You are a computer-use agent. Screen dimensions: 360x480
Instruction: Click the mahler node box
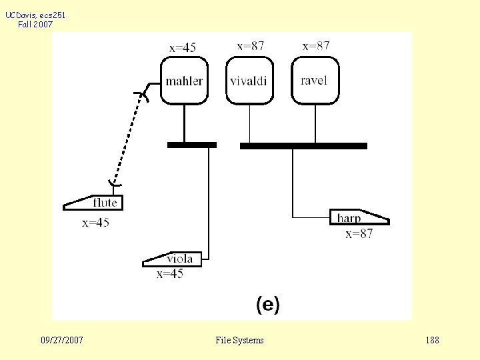184,81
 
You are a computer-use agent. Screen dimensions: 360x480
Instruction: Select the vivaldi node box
249,81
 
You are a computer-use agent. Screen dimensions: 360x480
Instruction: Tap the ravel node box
315,80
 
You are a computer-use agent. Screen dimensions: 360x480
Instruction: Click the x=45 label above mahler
183,47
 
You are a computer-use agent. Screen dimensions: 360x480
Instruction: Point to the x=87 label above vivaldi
251,46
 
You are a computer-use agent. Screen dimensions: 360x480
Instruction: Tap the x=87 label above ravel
316,46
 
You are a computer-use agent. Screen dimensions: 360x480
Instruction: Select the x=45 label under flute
95,223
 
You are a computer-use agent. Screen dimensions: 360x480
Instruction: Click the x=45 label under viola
170,273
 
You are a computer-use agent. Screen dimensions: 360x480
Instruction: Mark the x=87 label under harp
359,233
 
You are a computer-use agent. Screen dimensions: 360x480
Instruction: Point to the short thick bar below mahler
191,145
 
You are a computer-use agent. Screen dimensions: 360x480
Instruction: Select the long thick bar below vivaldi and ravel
303,145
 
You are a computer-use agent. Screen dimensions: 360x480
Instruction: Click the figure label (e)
268,305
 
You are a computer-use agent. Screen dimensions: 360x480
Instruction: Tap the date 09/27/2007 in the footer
62,341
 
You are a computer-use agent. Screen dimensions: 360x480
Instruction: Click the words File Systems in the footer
239,341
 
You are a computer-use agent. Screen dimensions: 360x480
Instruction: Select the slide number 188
432,341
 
